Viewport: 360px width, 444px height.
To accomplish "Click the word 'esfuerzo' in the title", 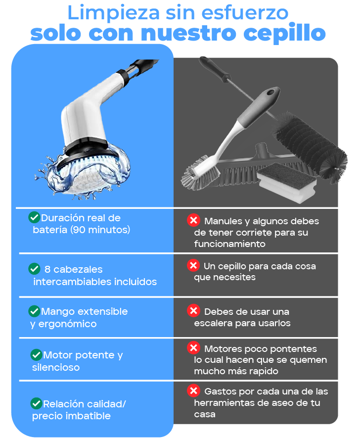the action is [245, 13].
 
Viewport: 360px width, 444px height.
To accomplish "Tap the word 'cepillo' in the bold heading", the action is [284, 33].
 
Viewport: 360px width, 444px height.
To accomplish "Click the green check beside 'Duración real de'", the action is [34, 217].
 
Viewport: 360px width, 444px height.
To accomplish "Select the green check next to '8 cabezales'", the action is [34, 269].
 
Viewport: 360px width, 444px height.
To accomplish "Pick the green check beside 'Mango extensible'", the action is [34, 311].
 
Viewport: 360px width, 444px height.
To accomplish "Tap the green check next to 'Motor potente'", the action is [36, 354].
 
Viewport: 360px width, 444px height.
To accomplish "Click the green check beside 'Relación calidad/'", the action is [36, 403].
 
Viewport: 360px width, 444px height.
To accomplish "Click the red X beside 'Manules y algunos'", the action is [193, 220].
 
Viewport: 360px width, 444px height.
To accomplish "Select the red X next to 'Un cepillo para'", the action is [193, 265].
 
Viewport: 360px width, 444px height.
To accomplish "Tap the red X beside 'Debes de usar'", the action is [193, 311].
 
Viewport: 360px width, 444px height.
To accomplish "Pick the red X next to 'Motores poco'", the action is [193, 347].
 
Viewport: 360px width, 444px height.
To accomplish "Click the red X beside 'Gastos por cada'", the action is [193, 391].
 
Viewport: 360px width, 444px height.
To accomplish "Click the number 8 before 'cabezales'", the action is [47, 269].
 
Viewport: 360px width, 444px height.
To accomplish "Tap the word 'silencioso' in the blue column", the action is [56, 367].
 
